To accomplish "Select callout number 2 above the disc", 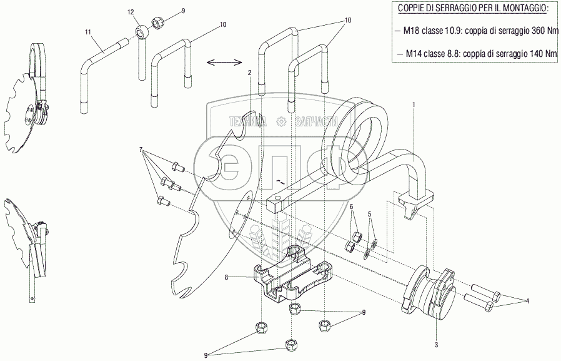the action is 249,73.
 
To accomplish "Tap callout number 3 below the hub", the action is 436,343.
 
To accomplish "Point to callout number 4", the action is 527,301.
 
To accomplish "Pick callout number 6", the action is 352,206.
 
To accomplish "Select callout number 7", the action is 142,150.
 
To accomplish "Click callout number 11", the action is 88,31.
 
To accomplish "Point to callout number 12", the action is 131,13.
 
